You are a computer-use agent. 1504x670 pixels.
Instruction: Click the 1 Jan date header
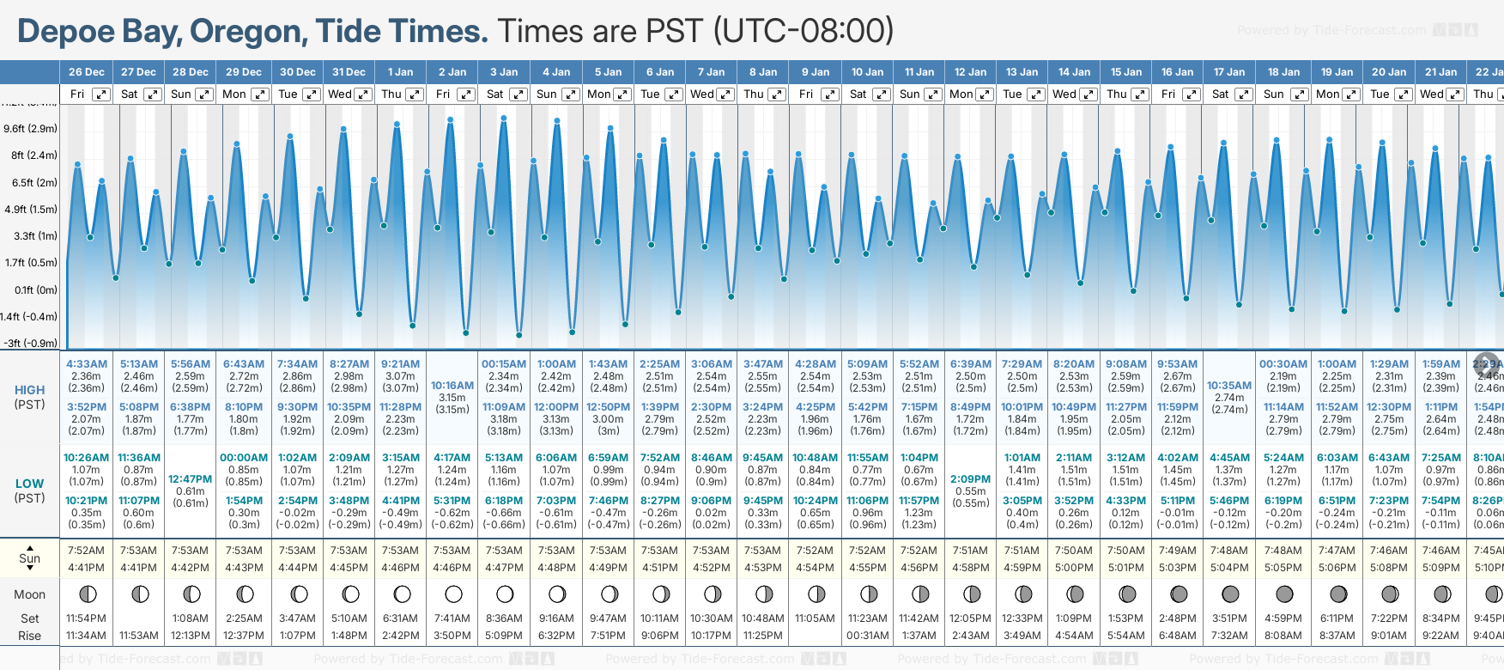[400, 72]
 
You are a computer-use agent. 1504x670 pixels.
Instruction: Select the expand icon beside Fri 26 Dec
[101, 94]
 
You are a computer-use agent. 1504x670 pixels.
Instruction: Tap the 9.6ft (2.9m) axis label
[30, 129]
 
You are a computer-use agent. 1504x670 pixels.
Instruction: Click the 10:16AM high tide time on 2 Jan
[452, 386]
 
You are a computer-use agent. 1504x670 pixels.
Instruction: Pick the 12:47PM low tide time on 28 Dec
[190, 479]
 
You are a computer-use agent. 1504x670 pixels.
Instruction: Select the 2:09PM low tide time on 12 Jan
[971, 479]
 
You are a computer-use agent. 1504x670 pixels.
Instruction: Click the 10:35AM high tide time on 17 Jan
[1229, 386]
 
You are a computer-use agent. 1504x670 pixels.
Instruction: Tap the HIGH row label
[30, 390]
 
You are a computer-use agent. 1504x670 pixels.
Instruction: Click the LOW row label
[30, 484]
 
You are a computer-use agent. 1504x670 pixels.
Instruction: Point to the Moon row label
[30, 594]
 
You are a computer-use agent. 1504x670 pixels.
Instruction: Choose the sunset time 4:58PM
[971, 568]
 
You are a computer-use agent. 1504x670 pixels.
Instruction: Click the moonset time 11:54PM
[87, 618]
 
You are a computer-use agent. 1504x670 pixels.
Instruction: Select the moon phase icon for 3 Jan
[505, 594]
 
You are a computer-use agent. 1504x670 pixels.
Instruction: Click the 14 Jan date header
[1075, 72]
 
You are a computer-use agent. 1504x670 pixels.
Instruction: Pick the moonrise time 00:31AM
[867, 636]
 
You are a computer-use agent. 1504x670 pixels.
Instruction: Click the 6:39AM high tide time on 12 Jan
[971, 364]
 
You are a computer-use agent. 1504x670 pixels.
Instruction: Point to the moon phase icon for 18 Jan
[1284, 594]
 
